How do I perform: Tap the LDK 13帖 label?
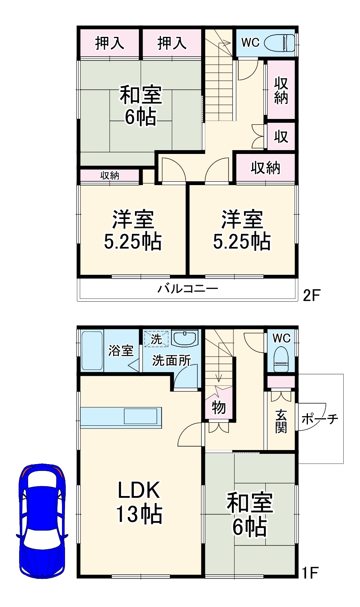(139, 502)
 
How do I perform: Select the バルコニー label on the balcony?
(188, 289)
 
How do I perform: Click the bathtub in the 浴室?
(92, 350)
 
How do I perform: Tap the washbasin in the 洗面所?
(185, 338)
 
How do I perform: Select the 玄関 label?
(281, 421)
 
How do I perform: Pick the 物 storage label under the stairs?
(219, 407)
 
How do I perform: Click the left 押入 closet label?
(109, 43)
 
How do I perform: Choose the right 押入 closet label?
(172, 43)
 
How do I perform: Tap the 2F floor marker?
(312, 295)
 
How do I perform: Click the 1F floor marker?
(309, 572)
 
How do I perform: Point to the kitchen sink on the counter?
(140, 416)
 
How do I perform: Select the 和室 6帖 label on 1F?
(250, 514)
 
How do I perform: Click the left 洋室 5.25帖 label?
(133, 230)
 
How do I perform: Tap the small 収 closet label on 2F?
(281, 136)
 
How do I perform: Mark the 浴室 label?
(121, 350)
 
